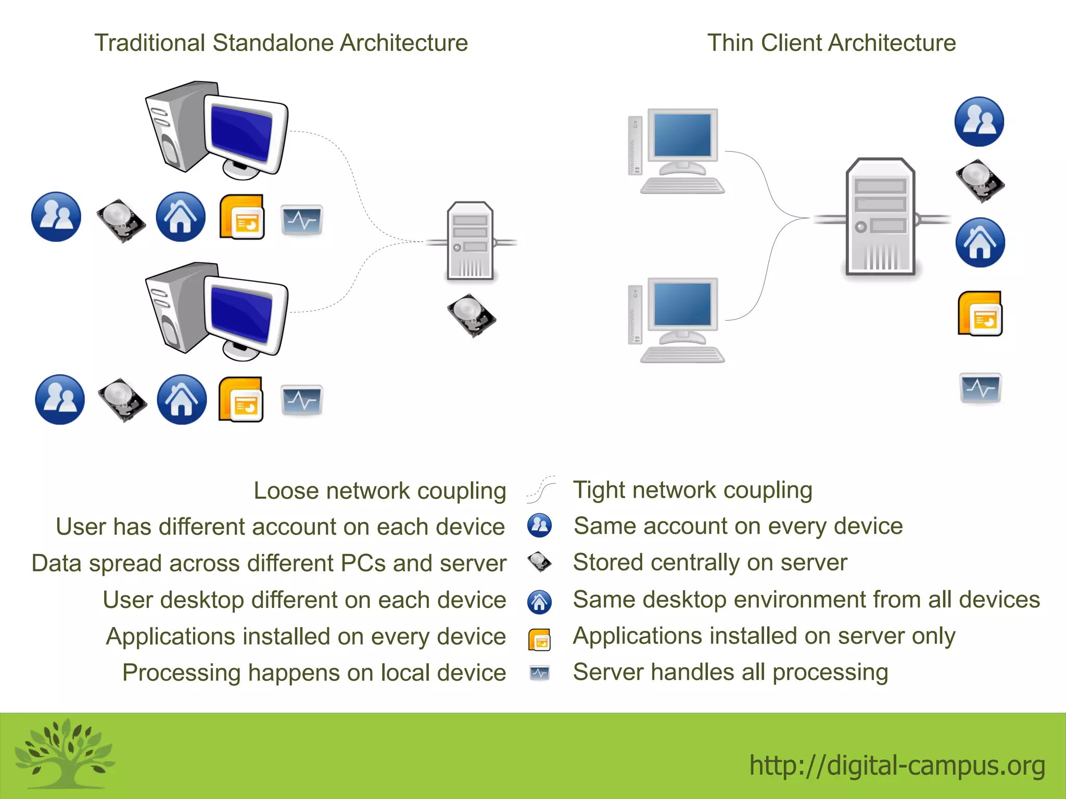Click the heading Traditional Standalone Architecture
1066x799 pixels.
click(281, 43)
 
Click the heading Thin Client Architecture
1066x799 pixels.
click(831, 43)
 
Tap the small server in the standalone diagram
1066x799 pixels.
click(470, 241)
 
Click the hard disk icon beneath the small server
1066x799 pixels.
click(472, 315)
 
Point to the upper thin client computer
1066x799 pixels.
click(677, 151)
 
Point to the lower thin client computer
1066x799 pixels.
click(677, 320)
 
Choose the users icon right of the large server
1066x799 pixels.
click(979, 121)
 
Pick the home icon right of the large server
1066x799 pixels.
click(980, 243)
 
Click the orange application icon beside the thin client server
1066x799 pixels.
click(980, 314)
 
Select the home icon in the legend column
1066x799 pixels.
click(539, 602)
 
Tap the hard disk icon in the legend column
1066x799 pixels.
click(539, 562)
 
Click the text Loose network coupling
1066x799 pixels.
click(379, 491)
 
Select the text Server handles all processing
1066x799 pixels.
click(730, 672)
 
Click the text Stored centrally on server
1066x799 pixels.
click(710, 563)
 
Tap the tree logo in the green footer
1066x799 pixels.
click(65, 753)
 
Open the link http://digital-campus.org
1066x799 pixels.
click(897, 765)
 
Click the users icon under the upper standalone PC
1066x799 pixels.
click(56, 217)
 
